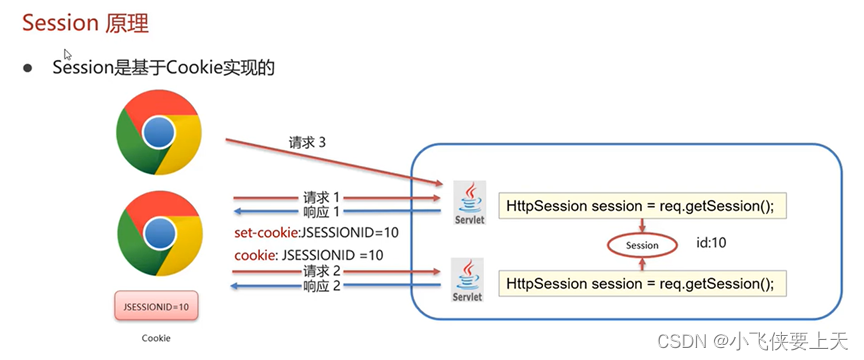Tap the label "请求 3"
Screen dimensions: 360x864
pyautogui.click(x=308, y=143)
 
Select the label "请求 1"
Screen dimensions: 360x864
pyautogui.click(x=322, y=197)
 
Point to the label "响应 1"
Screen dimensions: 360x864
pyautogui.click(x=322, y=212)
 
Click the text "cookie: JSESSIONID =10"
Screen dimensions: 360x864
pyautogui.click(x=308, y=255)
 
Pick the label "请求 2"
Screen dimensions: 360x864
pyautogui.click(x=322, y=271)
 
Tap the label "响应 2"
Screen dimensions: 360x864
pyautogui.click(x=322, y=287)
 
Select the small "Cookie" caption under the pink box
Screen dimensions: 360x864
pyautogui.click(x=155, y=338)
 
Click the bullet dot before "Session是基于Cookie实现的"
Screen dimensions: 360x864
pyautogui.click(x=29, y=68)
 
